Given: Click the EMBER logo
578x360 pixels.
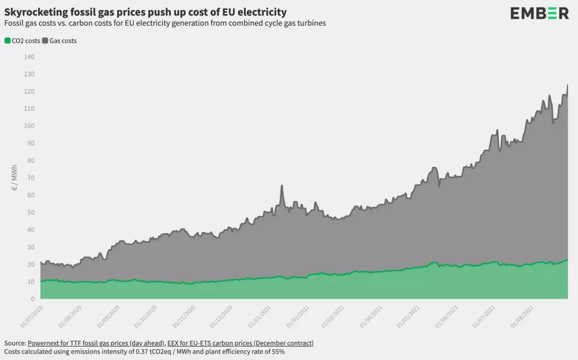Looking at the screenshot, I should click(539, 13).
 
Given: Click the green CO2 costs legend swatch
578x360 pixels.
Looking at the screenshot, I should click(7, 41).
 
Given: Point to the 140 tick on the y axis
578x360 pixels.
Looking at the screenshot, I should click(29, 57).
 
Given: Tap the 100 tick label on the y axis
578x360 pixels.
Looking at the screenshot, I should click(29, 126).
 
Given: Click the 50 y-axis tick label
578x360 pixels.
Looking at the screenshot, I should click(31, 212).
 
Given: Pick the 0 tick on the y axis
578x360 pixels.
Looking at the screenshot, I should click(33, 299).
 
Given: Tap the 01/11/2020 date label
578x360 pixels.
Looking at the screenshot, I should click(183, 317).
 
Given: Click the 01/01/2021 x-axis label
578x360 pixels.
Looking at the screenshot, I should click(259, 317).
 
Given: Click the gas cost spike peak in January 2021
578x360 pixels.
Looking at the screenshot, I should click(282, 186).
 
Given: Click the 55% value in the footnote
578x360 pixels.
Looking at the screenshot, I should click(277, 351).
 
